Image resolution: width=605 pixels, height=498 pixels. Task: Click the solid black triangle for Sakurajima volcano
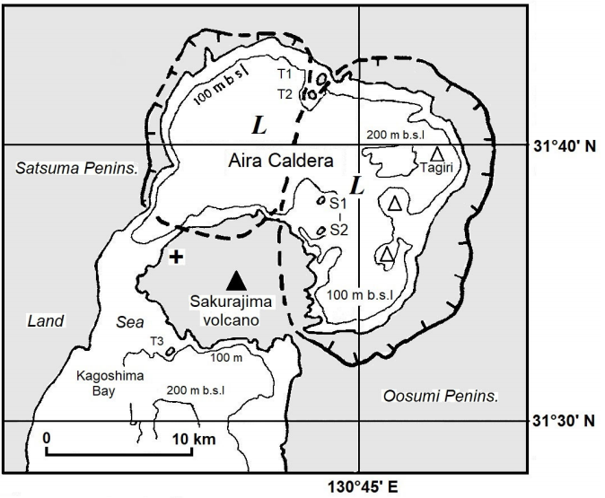[x=235, y=280]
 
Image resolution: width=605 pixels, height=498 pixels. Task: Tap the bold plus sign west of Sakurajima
[x=177, y=258]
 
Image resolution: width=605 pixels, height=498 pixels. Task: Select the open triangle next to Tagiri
[x=436, y=154]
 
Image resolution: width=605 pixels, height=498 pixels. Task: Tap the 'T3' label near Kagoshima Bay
[x=156, y=341]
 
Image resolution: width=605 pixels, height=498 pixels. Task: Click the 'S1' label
[x=338, y=203]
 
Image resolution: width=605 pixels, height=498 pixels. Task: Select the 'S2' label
[x=338, y=230]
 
